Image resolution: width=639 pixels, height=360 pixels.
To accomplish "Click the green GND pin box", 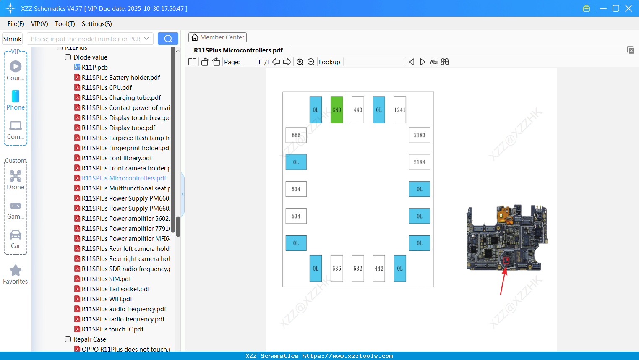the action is tap(336, 110).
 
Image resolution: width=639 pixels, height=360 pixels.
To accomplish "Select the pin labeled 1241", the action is tap(399, 110).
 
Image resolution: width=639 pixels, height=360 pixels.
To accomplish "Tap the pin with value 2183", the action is tap(419, 135).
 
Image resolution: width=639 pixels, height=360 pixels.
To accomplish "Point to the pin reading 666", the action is tap(296, 135).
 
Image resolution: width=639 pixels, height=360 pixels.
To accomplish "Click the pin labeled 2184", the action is tap(419, 162).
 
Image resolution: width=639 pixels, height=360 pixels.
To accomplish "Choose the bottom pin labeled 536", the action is tap(336, 269).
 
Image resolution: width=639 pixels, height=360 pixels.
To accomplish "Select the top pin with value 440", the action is tap(357, 110).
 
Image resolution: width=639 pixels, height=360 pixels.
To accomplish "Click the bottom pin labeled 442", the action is tap(378, 269).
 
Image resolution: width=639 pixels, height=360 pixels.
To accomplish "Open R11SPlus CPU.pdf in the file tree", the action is tap(107, 88).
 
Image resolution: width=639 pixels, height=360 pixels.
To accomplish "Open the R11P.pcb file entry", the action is tap(94, 68).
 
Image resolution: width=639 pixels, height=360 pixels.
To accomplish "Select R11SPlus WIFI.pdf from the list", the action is tap(107, 299).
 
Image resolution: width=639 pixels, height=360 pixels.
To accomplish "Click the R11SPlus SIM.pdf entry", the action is tap(106, 279).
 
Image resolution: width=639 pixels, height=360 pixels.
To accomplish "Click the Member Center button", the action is tap(217, 37).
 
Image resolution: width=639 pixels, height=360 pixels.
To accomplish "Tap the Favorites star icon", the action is tap(16, 271).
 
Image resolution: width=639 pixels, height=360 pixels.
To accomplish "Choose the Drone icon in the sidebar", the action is tap(16, 176).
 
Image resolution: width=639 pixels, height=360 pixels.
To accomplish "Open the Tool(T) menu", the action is tap(65, 24).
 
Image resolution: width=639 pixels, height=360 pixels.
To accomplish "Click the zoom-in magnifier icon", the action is tap(300, 62).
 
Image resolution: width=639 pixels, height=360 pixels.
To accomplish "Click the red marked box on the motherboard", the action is tap(506, 261).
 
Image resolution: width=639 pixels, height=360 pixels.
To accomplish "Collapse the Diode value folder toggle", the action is tap(68, 57).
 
